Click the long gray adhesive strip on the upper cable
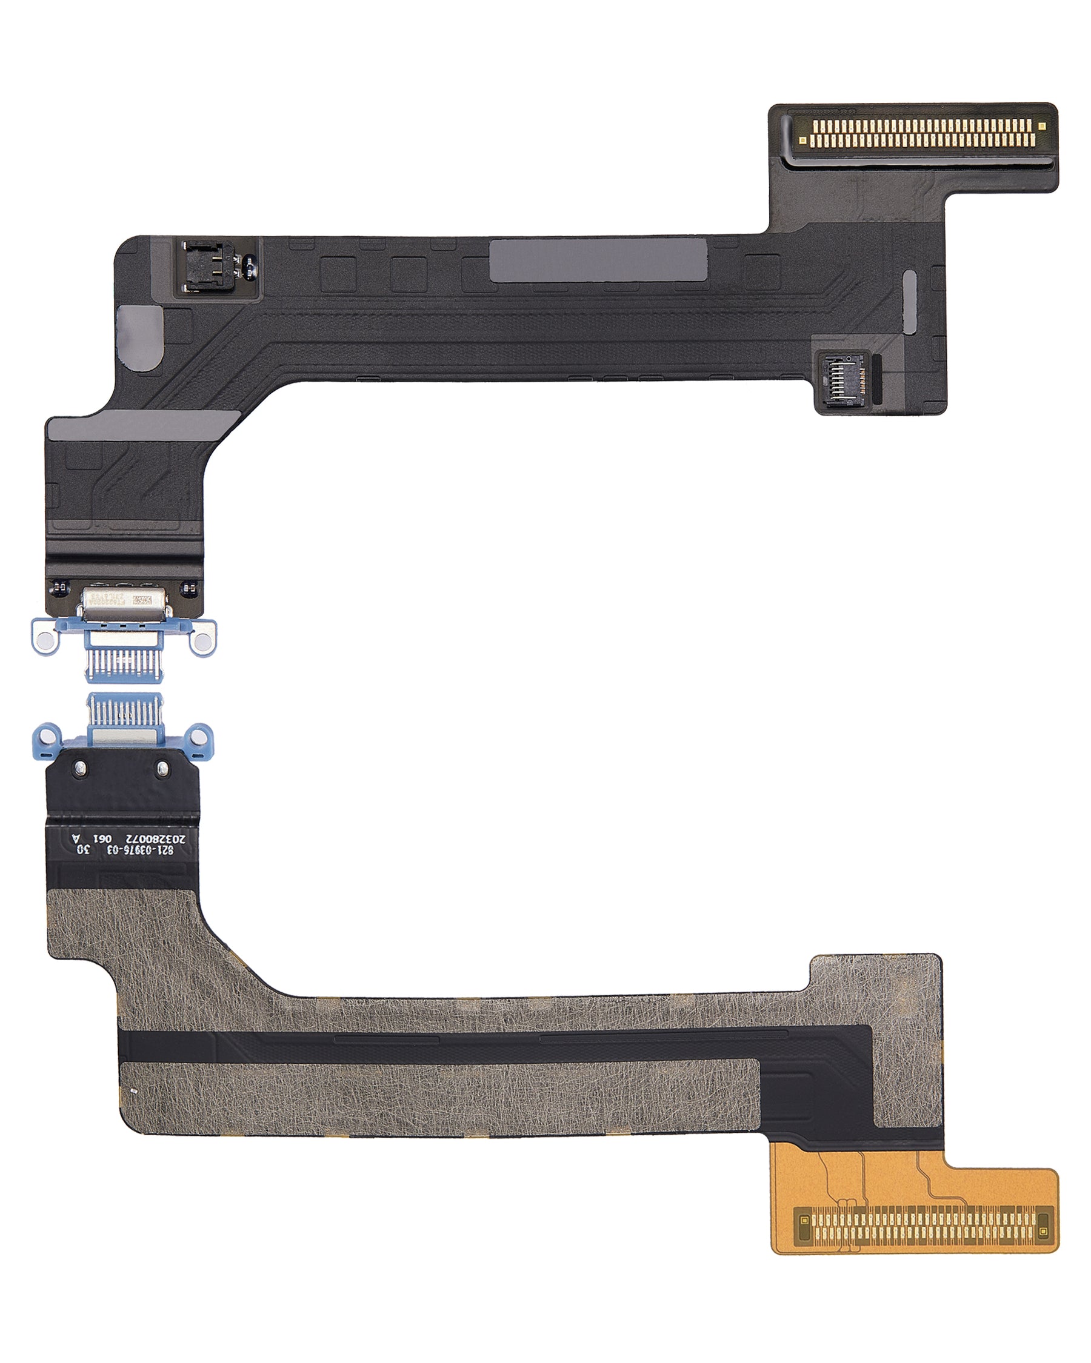coord(598,260)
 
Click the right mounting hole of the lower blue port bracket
coord(200,737)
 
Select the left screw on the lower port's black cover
coord(79,768)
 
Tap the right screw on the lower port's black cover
coord(162,768)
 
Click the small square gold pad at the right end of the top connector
coord(1042,127)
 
